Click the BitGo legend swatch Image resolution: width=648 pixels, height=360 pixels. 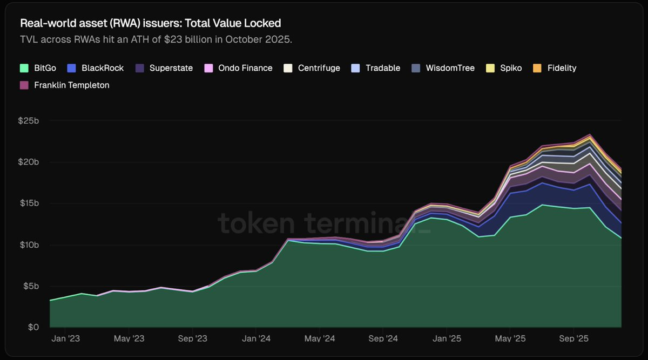click(24, 69)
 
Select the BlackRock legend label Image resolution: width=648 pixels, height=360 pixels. click(103, 69)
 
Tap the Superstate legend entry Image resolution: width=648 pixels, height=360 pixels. click(171, 69)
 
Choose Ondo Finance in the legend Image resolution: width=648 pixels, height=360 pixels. click(245, 69)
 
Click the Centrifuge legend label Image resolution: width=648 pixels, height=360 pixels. click(319, 69)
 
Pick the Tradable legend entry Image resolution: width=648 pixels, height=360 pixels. click(382, 69)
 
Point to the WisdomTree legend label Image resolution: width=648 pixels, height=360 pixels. click(450, 69)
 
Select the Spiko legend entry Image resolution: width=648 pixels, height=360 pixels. click(510, 69)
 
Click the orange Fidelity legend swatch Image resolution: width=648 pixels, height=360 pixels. click(537, 69)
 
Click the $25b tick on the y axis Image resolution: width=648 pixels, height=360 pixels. click(28, 121)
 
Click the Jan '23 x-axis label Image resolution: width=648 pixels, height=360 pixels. click(65, 339)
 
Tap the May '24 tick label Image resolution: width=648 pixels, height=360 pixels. click(320, 339)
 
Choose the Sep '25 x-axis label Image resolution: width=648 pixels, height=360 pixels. click(573, 339)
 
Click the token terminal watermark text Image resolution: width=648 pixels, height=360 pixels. click(324, 223)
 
